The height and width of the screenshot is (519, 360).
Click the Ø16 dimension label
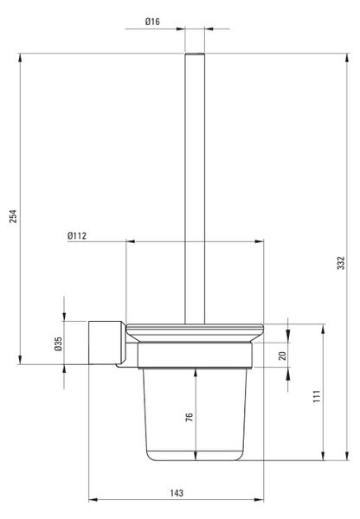pos(152,22)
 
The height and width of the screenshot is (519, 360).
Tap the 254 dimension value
pos(13,215)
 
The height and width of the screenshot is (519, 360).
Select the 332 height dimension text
pos(341,263)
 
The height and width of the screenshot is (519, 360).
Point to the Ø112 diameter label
pos(77,235)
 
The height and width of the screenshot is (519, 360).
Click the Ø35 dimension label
pos(58,344)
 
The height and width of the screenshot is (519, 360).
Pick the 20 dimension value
pos(282,356)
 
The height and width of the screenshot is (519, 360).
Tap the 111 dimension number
pos(317,396)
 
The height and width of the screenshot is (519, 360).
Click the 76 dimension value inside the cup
pos(190,417)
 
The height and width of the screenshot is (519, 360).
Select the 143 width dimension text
pos(177,493)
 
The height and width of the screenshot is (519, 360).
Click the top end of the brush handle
pos(195,54)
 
